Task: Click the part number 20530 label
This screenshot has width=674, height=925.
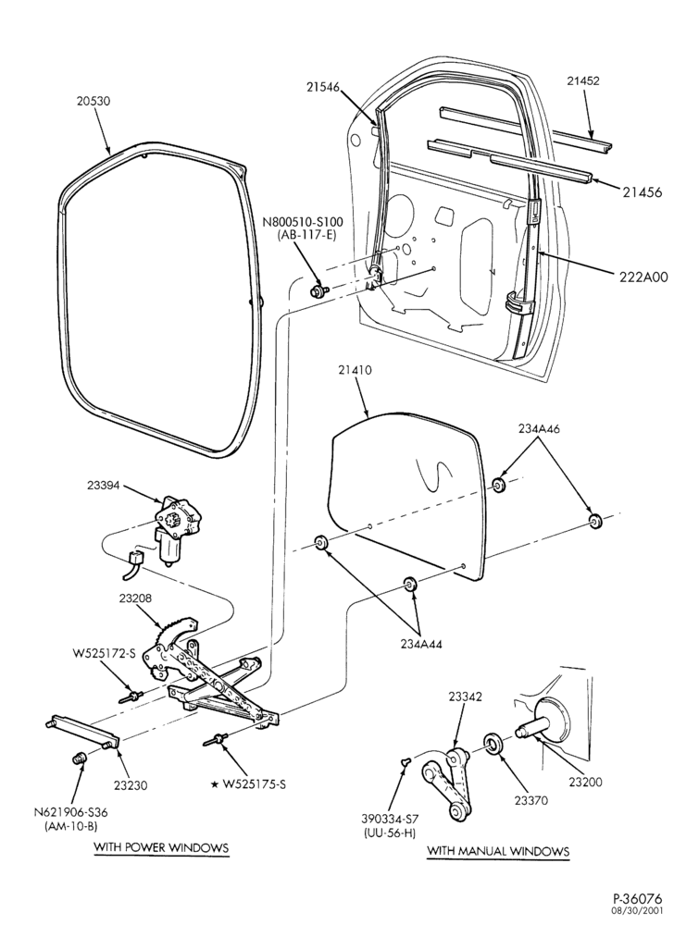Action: [94, 101]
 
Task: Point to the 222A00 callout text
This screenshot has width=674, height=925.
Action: [639, 276]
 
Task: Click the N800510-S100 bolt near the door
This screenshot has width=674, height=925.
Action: [319, 290]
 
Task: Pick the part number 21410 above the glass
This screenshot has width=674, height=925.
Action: [356, 371]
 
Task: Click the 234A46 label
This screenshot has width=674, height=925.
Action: [539, 429]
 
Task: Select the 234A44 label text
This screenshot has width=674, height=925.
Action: [421, 644]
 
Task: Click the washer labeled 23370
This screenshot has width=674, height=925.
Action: [492, 744]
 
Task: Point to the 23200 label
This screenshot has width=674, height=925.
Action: [585, 783]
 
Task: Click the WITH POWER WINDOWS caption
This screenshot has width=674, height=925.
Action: [161, 847]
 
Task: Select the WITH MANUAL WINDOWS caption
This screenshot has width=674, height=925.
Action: [498, 851]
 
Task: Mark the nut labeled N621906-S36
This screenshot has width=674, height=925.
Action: [78, 758]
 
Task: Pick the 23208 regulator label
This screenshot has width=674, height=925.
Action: [135, 598]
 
